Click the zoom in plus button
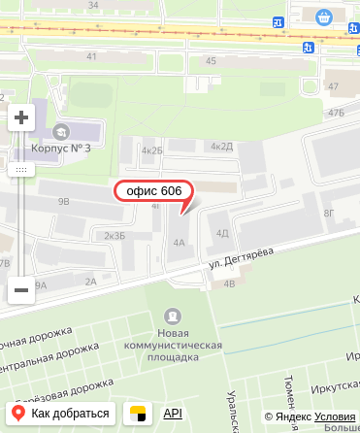coord(21,118)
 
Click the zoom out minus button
coord(21,289)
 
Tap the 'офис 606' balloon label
coord(154,191)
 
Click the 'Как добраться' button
coord(62,414)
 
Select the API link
coord(173,414)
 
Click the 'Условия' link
coord(335,417)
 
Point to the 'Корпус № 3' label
coord(61,149)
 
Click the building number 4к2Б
coord(151,150)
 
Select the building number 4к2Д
coord(222,147)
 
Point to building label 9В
coord(64,202)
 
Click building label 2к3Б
coord(115,236)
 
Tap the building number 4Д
coord(222,233)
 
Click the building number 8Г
coord(329,213)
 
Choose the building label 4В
coord(230,283)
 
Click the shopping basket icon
coord(323,17)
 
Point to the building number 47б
coord(336,113)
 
